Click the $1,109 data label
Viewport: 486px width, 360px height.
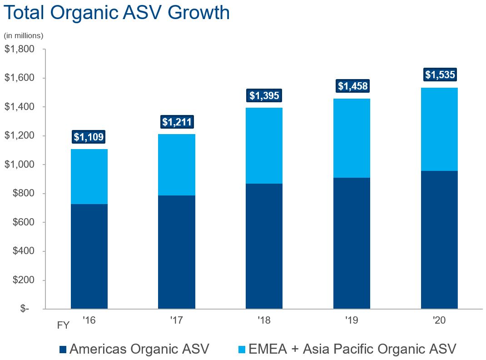coord(89,136)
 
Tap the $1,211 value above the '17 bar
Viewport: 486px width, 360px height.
coord(177,122)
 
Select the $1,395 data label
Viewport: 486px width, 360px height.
coord(264,95)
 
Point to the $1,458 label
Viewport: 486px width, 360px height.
coord(352,86)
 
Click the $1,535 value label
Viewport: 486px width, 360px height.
coord(440,75)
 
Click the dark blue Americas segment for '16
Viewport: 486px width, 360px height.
coord(89,256)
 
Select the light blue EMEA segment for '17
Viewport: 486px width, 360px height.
coord(177,165)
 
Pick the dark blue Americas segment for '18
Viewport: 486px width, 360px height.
coord(264,246)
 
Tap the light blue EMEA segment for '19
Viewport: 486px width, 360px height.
coord(352,138)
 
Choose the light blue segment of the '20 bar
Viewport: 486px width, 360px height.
coord(440,129)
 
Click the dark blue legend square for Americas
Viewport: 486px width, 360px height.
coord(63,349)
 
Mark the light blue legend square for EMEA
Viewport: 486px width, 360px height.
coord(242,349)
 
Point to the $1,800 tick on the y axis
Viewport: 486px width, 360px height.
coord(20,49)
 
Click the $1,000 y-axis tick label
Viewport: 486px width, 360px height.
coord(20,165)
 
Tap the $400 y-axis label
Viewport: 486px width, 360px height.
coord(22,251)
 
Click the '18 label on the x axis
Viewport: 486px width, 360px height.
coord(264,320)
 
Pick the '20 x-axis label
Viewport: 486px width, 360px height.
coord(439,320)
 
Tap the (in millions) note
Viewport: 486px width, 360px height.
coord(23,35)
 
